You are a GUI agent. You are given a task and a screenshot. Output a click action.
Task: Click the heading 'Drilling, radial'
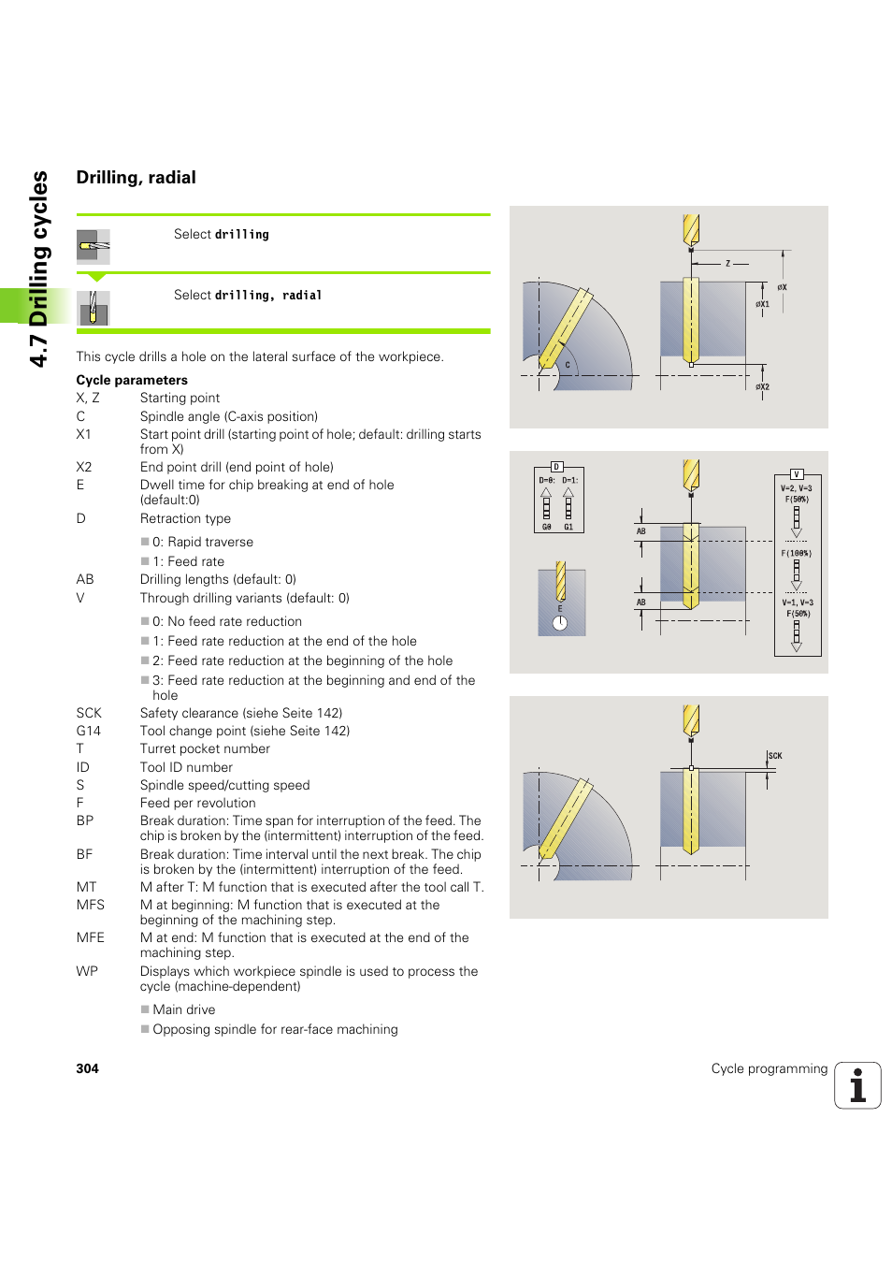(136, 178)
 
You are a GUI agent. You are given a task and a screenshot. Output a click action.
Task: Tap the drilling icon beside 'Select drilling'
(94, 246)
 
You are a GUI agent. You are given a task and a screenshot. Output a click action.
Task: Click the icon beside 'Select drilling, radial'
(94, 308)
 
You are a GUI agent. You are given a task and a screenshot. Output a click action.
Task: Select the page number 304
(87, 1068)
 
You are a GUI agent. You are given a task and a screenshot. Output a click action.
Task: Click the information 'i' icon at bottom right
(857, 1085)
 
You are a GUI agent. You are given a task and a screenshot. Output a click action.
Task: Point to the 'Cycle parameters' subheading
(132, 380)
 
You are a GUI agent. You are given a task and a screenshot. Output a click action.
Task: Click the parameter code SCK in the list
(89, 713)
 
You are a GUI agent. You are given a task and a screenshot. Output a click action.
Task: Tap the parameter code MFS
(91, 905)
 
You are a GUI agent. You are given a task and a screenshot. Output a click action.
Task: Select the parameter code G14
(89, 731)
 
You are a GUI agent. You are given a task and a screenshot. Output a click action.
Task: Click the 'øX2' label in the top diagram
(763, 386)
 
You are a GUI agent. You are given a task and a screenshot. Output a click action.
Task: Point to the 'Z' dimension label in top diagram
(727, 264)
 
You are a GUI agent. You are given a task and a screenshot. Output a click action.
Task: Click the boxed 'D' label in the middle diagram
(556, 467)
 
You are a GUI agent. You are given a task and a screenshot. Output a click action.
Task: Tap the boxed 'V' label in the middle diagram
(797, 474)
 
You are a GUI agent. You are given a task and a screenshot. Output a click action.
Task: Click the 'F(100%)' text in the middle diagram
(797, 553)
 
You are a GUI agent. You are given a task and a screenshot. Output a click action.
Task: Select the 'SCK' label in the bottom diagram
(775, 756)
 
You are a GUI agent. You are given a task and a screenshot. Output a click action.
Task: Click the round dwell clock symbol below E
(560, 624)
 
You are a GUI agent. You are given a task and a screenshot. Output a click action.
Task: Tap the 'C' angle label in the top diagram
(567, 365)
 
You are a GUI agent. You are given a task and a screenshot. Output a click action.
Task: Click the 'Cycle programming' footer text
(769, 1068)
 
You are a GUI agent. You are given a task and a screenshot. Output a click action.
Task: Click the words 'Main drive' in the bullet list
(184, 1009)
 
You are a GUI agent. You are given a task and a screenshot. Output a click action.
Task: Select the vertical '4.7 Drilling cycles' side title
(38, 269)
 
